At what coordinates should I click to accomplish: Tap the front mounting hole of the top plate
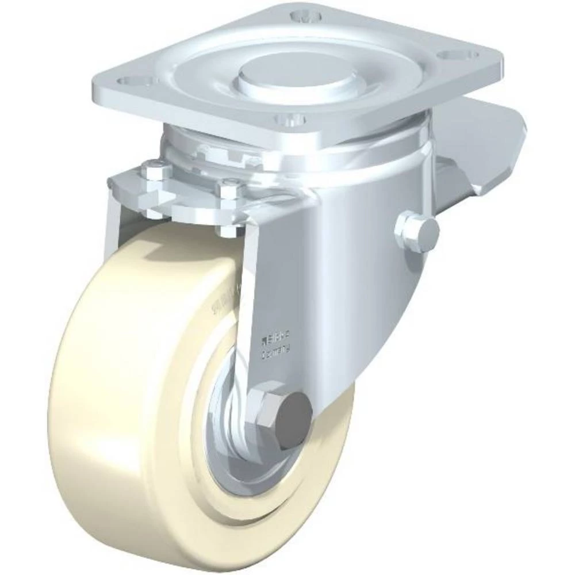(289, 120)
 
